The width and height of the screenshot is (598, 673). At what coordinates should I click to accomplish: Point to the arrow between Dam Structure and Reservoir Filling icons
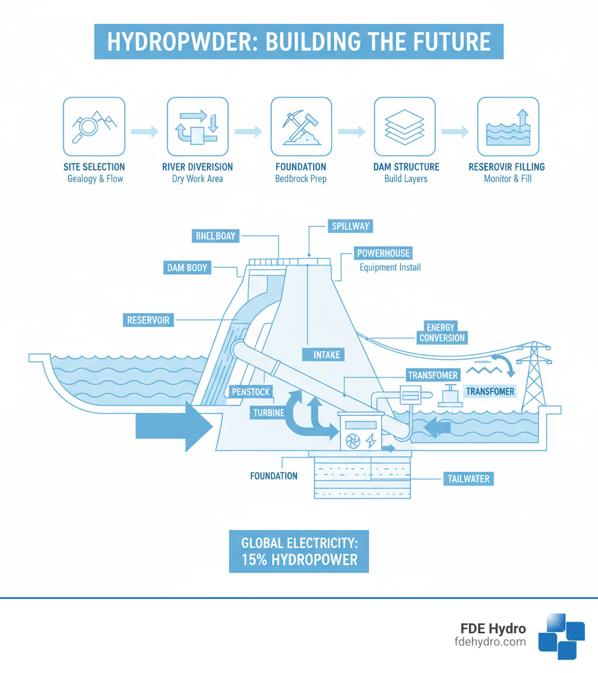tap(456, 132)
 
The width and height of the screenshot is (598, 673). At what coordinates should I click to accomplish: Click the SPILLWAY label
tap(349, 226)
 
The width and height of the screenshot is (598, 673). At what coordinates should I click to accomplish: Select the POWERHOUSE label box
tap(384, 253)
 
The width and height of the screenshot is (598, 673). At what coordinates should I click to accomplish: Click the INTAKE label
tap(326, 354)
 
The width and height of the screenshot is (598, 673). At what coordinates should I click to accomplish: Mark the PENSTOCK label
tap(251, 391)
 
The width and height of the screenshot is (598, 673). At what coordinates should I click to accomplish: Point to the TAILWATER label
tap(465, 479)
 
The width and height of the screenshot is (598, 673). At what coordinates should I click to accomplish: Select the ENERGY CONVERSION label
tap(441, 332)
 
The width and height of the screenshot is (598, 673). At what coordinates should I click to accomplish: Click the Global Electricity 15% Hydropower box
tap(298, 551)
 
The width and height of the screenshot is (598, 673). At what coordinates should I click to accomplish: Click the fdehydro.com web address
tap(490, 642)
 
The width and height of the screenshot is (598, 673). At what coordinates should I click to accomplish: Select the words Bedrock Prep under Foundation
tap(300, 178)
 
